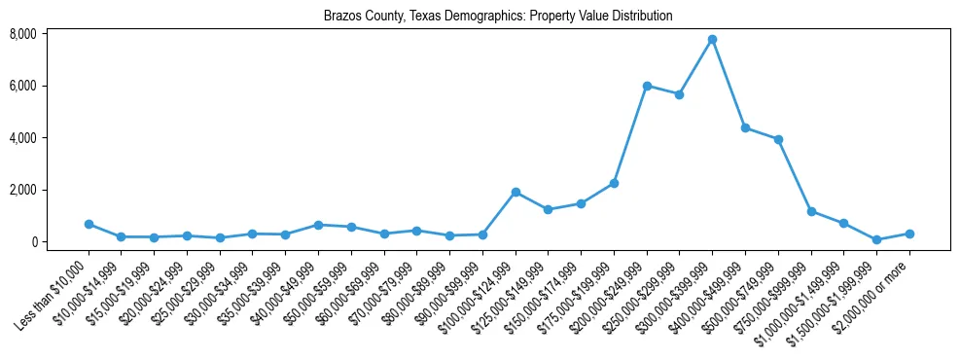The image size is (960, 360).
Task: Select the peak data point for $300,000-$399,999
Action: tap(713, 40)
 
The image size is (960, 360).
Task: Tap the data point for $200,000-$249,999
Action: tap(647, 86)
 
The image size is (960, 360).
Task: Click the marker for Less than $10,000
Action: tap(89, 224)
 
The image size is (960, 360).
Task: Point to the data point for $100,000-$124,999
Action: tap(516, 192)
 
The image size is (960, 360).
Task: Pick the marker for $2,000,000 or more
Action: tap(909, 234)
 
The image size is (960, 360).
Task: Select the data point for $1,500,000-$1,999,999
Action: tap(876, 239)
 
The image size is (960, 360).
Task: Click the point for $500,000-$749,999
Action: tap(778, 139)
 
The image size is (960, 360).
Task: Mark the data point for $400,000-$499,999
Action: tap(745, 127)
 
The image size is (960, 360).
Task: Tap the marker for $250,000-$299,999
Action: tap(680, 94)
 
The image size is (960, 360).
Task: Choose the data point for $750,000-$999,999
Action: tap(811, 211)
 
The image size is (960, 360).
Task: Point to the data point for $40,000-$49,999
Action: tap(318, 225)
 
